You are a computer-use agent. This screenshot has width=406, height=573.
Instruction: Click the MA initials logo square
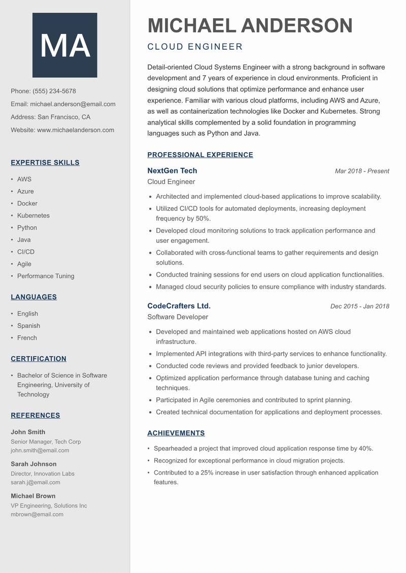tap(65, 45)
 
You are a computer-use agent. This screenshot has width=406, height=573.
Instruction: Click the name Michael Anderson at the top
tap(250, 25)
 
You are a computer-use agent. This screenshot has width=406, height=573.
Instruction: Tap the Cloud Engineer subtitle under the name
tap(195, 47)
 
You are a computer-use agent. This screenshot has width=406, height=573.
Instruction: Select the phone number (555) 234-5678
tap(54, 91)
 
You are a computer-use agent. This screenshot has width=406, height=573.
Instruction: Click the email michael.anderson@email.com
tap(73, 104)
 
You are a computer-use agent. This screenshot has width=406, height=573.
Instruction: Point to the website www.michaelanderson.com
tap(76, 130)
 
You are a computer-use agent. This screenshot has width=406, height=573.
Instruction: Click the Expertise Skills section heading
tap(45, 163)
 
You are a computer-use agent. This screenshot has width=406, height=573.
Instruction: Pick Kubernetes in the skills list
tap(33, 216)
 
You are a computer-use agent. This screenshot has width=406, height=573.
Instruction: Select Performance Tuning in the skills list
tap(46, 276)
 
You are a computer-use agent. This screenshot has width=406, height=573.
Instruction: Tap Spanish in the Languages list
tap(28, 326)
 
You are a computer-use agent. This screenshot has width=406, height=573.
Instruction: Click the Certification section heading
tap(39, 359)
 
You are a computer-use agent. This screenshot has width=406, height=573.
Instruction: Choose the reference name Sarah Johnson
tap(33, 464)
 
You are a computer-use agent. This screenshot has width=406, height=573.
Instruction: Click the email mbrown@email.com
tap(37, 514)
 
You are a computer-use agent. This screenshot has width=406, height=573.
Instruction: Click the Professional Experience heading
tap(200, 155)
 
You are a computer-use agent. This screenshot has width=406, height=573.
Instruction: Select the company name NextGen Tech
tap(172, 170)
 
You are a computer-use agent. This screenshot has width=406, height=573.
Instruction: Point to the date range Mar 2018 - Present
tap(362, 171)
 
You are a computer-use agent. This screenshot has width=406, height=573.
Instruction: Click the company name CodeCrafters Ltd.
tap(179, 306)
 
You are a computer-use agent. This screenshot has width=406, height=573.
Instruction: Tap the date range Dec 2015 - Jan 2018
tap(359, 306)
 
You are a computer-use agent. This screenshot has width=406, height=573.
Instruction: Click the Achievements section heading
tap(176, 433)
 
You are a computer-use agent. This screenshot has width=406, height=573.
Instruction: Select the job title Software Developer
tap(178, 317)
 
